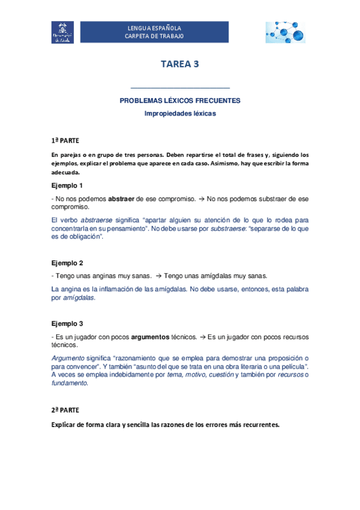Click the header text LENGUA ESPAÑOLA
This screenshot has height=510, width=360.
click(x=154, y=28)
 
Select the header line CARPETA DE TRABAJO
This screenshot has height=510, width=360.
click(x=154, y=36)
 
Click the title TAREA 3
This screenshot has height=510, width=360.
click(x=180, y=65)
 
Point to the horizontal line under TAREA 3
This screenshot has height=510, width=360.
click(x=180, y=88)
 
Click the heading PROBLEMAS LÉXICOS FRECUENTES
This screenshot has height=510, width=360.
click(x=180, y=100)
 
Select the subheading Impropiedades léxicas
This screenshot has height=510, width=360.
click(x=180, y=112)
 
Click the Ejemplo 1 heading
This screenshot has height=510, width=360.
click(x=67, y=185)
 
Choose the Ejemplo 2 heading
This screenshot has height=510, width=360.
click(x=67, y=263)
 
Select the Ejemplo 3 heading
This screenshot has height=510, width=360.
click(x=67, y=323)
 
